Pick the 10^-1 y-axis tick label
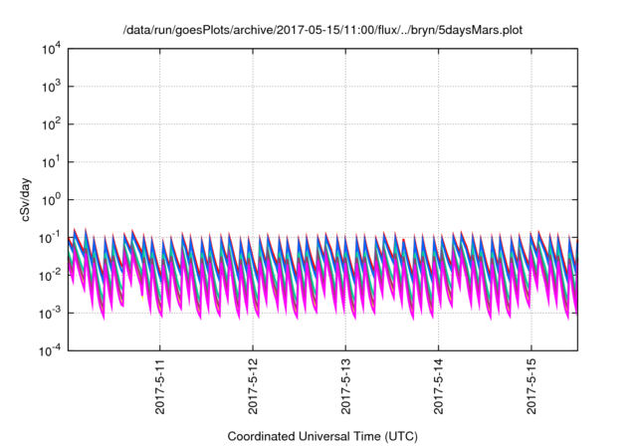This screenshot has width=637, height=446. [50, 238]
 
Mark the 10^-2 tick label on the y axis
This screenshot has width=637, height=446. [50, 276]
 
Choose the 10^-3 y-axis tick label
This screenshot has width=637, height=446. [50, 314]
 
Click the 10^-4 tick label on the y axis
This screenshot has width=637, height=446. [50, 350]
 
